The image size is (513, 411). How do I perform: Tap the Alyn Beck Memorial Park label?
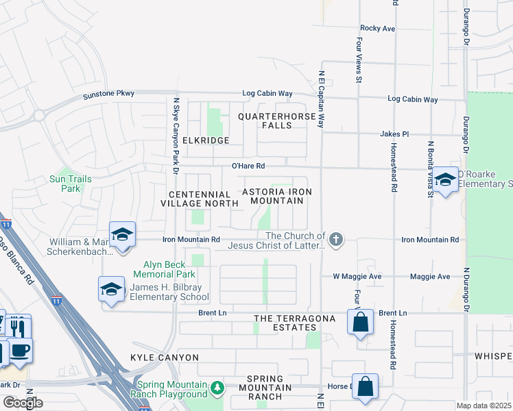(169, 269)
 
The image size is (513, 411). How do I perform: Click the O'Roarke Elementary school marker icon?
(445, 180)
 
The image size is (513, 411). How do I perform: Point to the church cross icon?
(335, 239)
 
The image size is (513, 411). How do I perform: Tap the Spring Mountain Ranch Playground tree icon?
(217, 388)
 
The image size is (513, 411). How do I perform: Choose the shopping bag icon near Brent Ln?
(360, 321)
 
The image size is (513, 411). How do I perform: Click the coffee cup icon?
(19, 351)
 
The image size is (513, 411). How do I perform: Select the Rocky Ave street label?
(378, 28)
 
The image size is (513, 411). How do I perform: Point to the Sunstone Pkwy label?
(109, 93)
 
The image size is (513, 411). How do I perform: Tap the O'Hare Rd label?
(248, 165)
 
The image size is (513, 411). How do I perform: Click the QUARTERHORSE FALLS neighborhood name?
(278, 121)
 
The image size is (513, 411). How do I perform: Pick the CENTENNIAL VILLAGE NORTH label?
(195, 199)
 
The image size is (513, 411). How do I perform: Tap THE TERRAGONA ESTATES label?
(294, 323)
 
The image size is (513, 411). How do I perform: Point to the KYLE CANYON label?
(164, 358)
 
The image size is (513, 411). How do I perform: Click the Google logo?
(23, 403)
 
